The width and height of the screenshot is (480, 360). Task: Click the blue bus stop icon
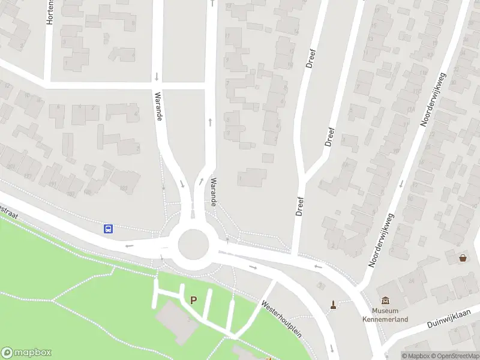109,229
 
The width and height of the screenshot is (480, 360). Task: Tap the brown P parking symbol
193,300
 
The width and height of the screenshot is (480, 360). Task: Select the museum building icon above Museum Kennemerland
385,301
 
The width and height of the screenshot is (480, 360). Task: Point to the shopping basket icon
463,258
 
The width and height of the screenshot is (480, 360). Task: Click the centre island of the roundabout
193,243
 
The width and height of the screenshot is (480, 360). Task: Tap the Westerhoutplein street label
281,318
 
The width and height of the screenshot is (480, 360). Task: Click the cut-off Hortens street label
50,12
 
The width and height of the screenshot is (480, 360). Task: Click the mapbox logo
26,353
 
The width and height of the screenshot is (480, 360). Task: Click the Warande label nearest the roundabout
213,192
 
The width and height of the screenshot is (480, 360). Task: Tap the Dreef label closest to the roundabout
300,206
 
